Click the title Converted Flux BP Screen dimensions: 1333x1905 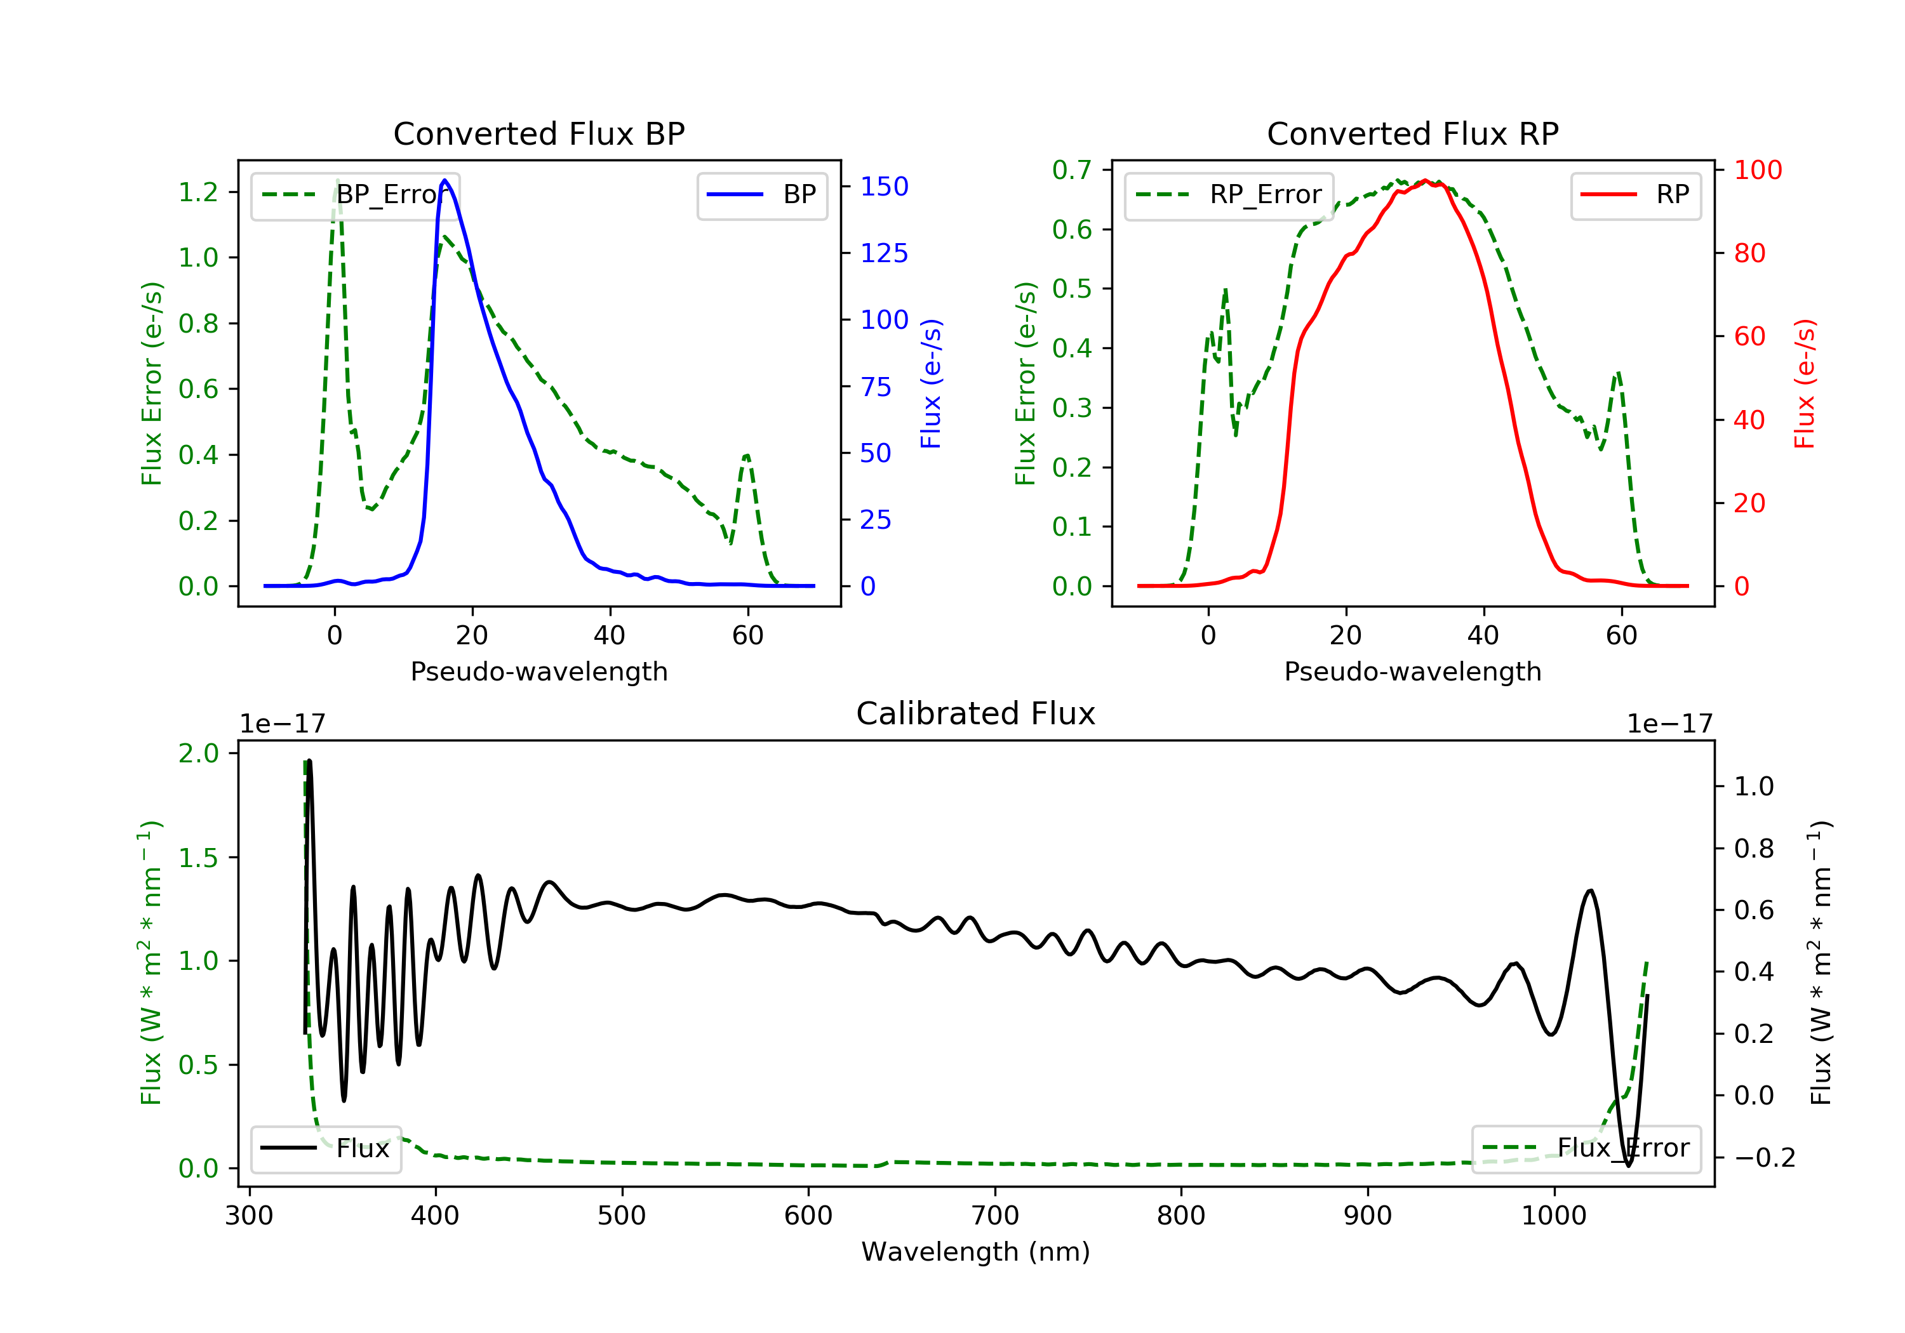coord(538,133)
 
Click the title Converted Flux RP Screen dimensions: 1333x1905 coord(1412,133)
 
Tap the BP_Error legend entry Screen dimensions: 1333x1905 coord(355,195)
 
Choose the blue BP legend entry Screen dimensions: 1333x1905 coord(761,195)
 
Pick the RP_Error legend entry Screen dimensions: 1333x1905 coord(1229,195)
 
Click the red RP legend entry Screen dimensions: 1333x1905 coord(1635,195)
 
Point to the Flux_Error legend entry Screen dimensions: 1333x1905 coord(1586,1148)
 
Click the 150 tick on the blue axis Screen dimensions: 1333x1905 coord(884,187)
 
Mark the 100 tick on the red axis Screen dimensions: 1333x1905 coord(1757,170)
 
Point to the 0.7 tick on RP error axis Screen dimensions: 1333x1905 coord(1072,170)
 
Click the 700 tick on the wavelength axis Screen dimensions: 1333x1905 coord(995,1216)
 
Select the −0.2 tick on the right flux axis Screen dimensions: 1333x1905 coord(1765,1157)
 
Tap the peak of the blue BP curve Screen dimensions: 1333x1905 coord(444,180)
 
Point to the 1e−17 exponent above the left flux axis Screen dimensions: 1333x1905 coord(282,724)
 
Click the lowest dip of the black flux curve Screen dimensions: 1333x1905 coord(1628,1165)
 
